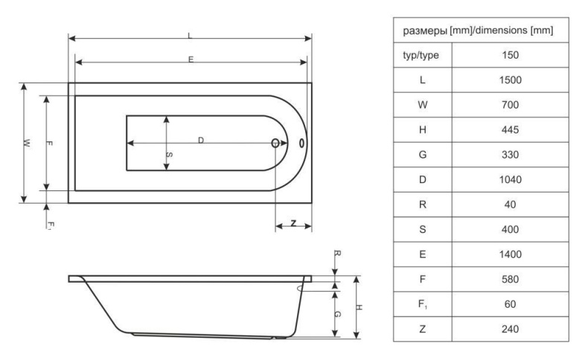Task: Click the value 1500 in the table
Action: (510, 80)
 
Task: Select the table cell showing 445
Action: (510, 129)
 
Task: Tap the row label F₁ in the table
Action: (423, 304)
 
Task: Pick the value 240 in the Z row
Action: (510, 329)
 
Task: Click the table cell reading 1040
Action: (510, 179)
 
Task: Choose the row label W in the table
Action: (423, 105)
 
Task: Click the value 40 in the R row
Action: (510, 205)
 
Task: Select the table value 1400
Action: (510, 254)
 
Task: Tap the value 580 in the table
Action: (510, 279)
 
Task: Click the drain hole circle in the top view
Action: (275, 143)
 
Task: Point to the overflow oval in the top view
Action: (301, 143)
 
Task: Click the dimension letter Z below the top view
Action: (293, 223)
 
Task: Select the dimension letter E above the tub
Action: (191, 60)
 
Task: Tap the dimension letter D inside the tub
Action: (201, 140)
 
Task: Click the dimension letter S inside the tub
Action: (169, 155)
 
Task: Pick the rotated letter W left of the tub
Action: (26, 143)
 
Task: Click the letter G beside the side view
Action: (337, 314)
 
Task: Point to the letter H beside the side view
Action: (359, 307)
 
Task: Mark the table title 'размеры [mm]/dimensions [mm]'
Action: (478, 30)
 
